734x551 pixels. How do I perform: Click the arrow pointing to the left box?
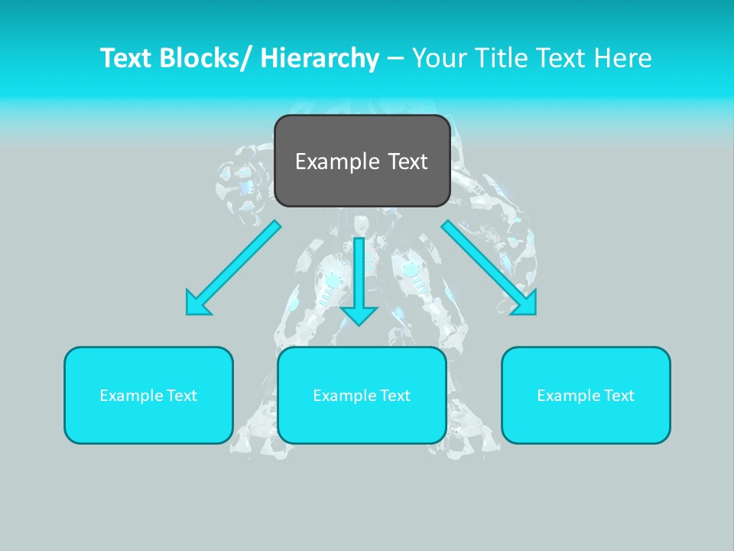tap(233, 268)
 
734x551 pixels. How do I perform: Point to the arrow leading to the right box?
tap(489, 268)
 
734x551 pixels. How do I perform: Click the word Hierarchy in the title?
tap(320, 58)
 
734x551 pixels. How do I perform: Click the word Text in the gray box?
tap(407, 161)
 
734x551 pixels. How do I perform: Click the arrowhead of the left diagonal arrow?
tap(196, 305)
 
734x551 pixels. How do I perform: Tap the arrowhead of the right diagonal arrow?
tap(526, 305)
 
